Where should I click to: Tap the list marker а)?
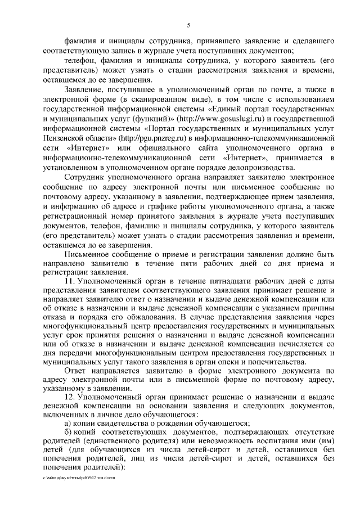(69, 423)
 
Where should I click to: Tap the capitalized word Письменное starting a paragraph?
(89, 253)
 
